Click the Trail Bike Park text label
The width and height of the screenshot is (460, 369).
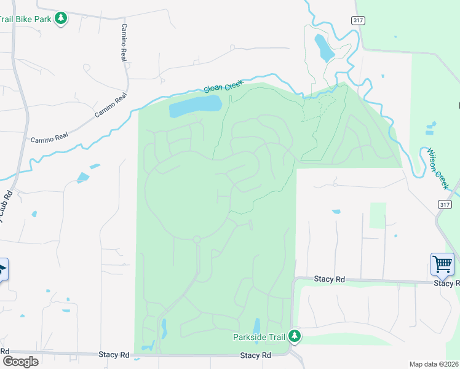(x=26, y=19)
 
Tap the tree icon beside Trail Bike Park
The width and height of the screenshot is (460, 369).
(x=60, y=18)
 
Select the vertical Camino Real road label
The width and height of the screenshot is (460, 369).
(x=124, y=43)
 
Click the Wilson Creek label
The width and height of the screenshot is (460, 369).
(x=438, y=168)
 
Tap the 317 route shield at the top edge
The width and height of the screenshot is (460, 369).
(x=357, y=20)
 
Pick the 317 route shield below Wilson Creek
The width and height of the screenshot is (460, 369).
(x=445, y=204)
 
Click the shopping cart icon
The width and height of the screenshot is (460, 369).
(x=442, y=265)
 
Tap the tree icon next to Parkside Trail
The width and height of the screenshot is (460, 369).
(x=295, y=336)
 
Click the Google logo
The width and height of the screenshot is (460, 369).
(x=20, y=361)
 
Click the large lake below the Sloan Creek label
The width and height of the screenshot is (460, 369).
(x=195, y=106)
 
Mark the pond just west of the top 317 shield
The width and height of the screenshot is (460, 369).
(x=323, y=47)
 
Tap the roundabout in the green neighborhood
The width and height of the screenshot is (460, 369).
(x=197, y=239)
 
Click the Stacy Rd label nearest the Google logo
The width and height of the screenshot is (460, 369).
(x=114, y=355)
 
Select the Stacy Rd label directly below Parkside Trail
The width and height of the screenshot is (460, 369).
(x=256, y=355)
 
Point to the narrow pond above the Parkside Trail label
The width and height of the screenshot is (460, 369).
(x=256, y=325)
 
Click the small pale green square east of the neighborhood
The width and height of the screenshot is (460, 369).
(x=378, y=215)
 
